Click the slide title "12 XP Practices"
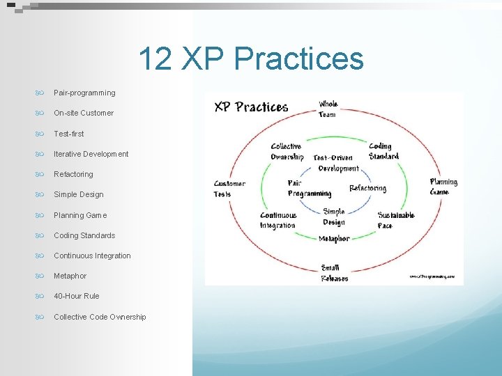251,59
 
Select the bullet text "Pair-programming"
84,93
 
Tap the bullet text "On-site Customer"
84,113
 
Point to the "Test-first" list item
68,134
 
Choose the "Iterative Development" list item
91,154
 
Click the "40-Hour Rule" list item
77,296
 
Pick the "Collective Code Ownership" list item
100,317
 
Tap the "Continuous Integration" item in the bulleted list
92,256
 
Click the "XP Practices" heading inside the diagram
251,107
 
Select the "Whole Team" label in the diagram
328,109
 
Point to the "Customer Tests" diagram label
229,189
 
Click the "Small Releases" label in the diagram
334,273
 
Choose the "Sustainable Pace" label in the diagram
396,220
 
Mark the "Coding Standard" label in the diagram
383,151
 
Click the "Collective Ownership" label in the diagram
287,151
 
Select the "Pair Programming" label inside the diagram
309,188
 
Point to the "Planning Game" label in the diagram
443,187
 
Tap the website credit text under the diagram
432,276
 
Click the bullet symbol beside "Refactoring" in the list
40,174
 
